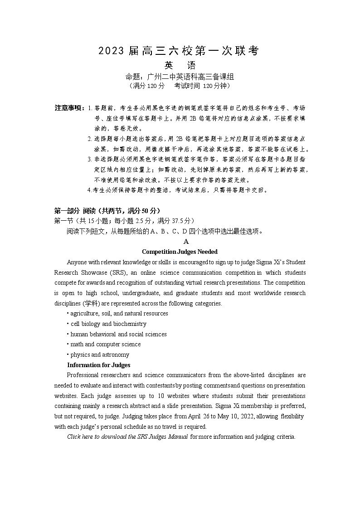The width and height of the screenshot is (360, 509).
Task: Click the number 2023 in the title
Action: (x=111, y=51)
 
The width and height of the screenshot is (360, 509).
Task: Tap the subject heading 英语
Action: (x=180, y=66)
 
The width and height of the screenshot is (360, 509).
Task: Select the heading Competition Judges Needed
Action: (x=180, y=252)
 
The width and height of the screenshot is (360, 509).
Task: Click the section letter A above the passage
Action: (x=186, y=242)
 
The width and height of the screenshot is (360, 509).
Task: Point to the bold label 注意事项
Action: (x=69, y=108)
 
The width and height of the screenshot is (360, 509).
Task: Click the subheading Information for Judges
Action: (x=99, y=365)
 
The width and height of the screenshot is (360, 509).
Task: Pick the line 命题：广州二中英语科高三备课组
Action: (x=180, y=77)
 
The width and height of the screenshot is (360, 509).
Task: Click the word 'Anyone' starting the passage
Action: (x=77, y=262)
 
